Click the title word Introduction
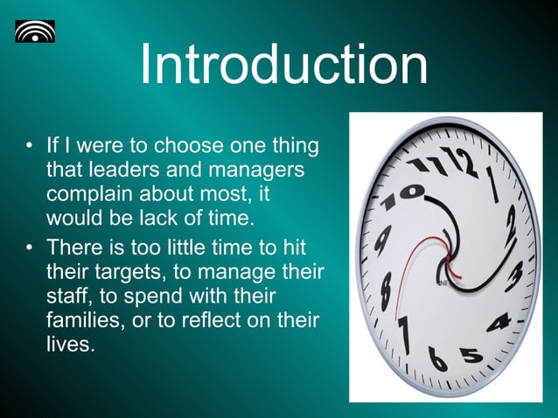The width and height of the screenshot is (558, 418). [x=283, y=66]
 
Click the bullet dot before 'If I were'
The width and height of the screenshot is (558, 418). [x=30, y=144]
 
